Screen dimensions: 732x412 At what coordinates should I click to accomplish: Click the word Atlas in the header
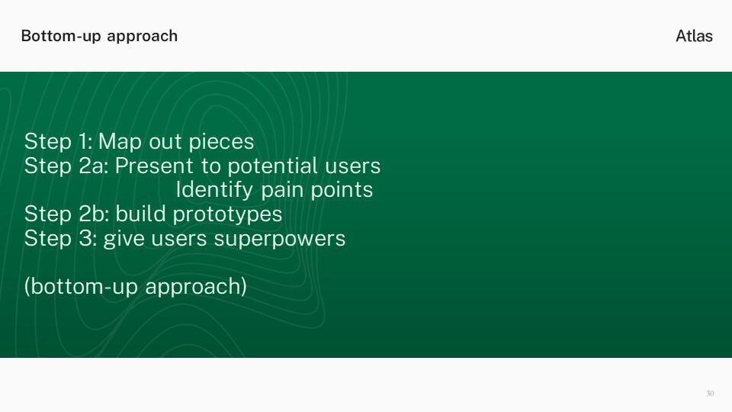694,36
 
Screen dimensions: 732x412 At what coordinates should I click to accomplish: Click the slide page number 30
710,394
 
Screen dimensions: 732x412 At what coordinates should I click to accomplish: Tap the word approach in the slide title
142,37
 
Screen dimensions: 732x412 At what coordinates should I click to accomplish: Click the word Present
154,166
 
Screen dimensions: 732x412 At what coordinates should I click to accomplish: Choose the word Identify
214,191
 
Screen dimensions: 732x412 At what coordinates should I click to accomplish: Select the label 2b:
94,214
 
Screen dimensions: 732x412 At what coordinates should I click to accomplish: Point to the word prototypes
227,215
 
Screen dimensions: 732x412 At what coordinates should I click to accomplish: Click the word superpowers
280,240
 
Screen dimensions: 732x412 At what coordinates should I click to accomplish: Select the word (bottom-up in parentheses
81,287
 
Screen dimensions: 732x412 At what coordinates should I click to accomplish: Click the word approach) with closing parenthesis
196,287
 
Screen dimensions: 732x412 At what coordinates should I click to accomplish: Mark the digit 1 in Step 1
85,142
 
